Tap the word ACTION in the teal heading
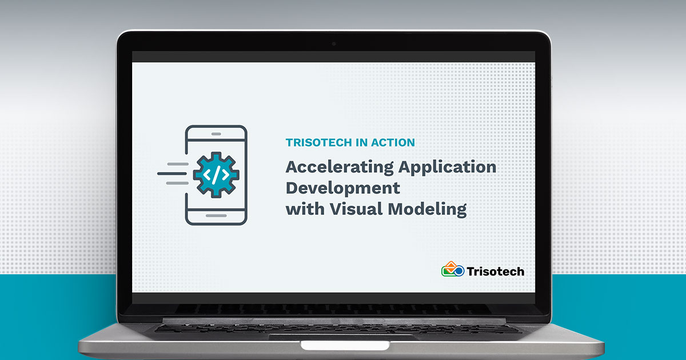click(393, 142)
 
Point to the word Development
click(342, 189)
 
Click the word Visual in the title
click(356, 209)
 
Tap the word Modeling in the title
click(427, 210)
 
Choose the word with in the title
click(305, 209)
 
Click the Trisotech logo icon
click(453, 269)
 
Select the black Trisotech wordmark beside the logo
click(496, 271)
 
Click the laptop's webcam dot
click(334, 44)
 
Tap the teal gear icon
click(216, 175)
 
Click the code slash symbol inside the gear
click(216, 175)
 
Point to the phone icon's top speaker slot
click(216, 134)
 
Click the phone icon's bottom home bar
click(216, 215)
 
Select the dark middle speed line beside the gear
click(172, 174)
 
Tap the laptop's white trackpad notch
click(345, 345)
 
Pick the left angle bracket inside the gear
click(207, 175)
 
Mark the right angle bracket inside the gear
click(225, 175)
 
